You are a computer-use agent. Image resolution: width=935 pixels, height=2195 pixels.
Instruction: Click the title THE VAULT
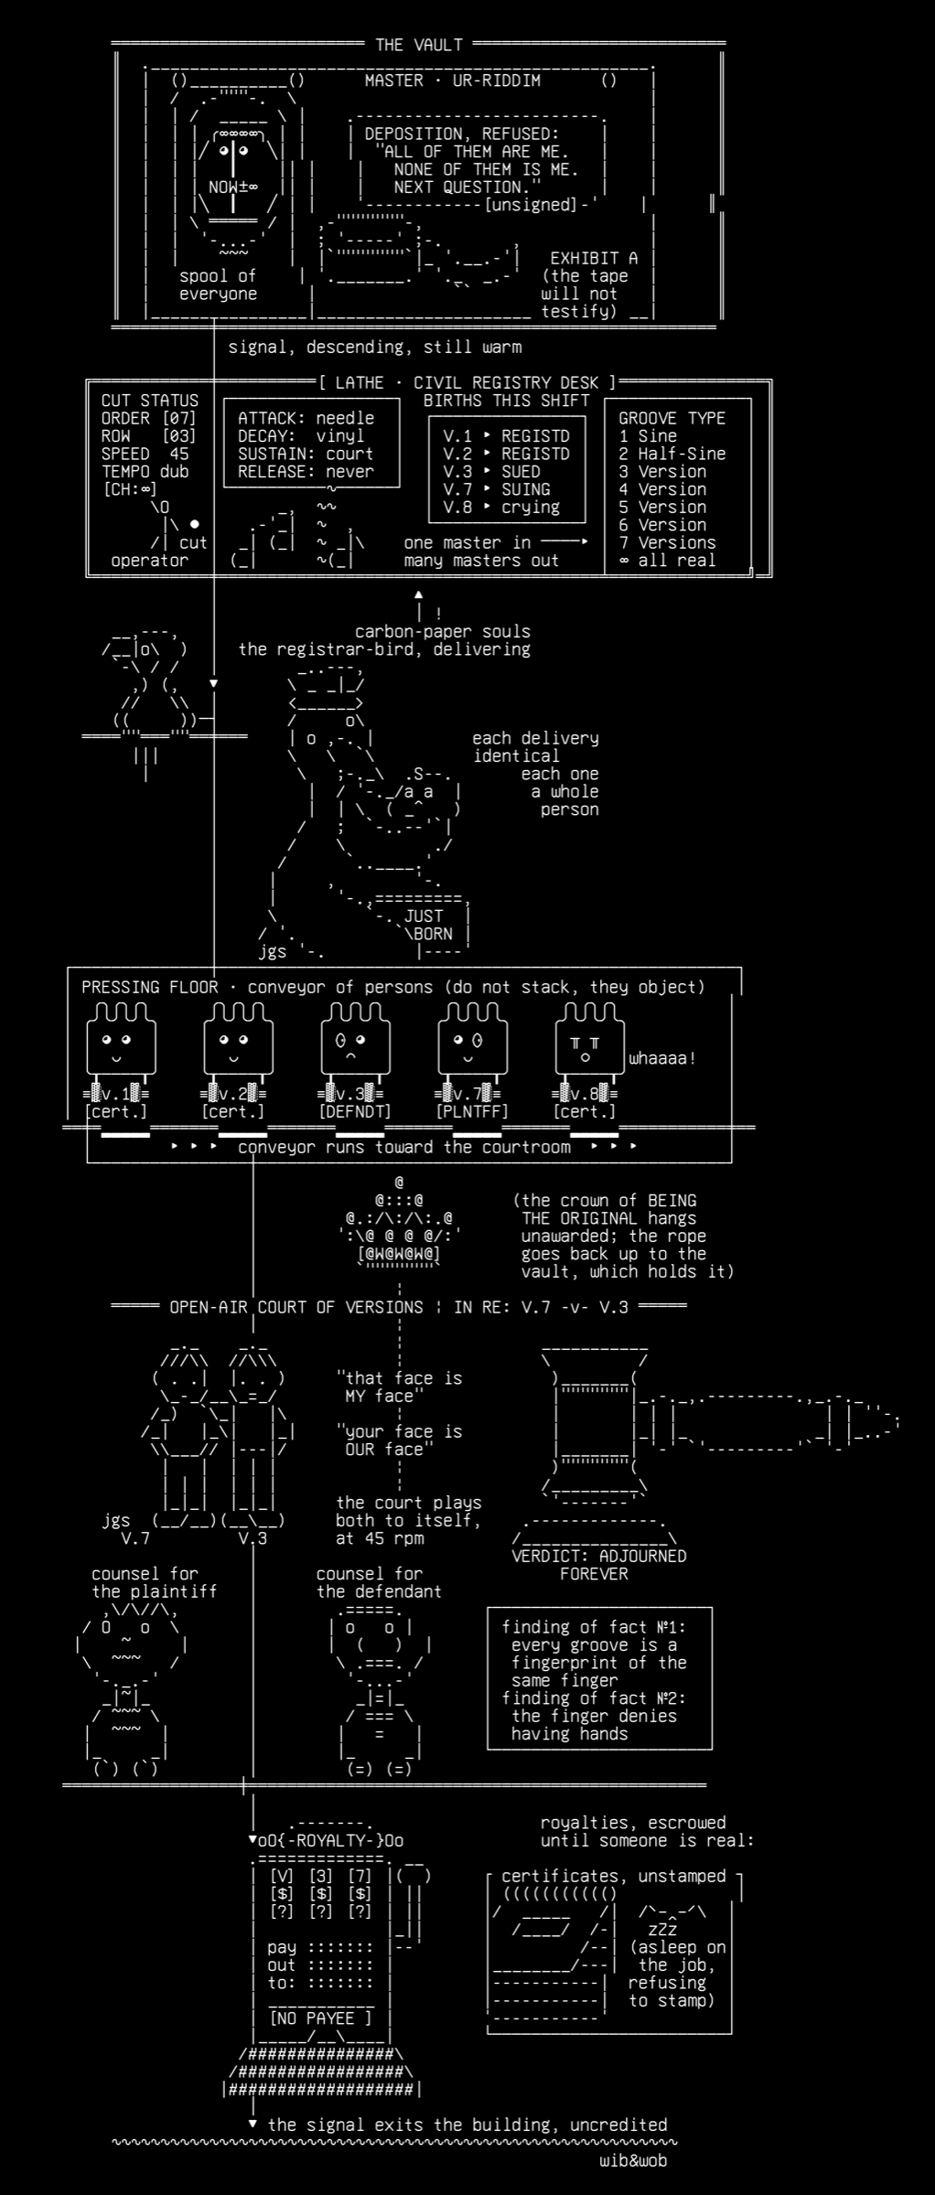pos(419,45)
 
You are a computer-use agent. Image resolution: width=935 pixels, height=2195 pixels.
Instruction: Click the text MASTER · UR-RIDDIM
pos(453,80)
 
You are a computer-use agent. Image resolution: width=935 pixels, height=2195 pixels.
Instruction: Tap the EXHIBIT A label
pos(594,258)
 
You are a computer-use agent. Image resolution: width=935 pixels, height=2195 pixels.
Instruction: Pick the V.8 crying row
pos(501,508)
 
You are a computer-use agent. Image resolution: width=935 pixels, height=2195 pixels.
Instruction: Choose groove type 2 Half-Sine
pos(672,454)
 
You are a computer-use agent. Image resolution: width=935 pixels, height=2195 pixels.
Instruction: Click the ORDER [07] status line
pos(149,418)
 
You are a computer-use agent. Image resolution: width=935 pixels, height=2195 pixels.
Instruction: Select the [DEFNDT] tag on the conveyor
pos(355,1112)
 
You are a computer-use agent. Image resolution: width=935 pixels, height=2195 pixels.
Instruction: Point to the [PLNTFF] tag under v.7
pos(472,1112)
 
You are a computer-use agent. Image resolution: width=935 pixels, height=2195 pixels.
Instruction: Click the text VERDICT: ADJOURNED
pos(599,1556)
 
